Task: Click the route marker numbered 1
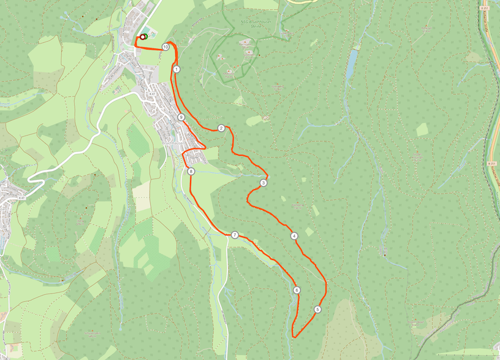pos(176,69)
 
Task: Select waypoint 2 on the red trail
pos(221,128)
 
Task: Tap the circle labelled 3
pos(263,183)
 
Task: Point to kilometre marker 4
pos(294,236)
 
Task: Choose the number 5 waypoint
pos(317,310)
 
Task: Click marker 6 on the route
pos(297,291)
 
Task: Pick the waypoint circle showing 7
pos(235,236)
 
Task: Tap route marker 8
pos(191,172)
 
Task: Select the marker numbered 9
pos(181,117)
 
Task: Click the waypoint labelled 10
pos(165,47)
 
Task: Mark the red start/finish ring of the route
pos(143,37)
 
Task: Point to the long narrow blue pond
pos(351,64)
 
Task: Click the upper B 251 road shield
pos(485,8)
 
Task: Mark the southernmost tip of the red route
pos(294,337)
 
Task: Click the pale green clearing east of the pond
pos(422,129)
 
